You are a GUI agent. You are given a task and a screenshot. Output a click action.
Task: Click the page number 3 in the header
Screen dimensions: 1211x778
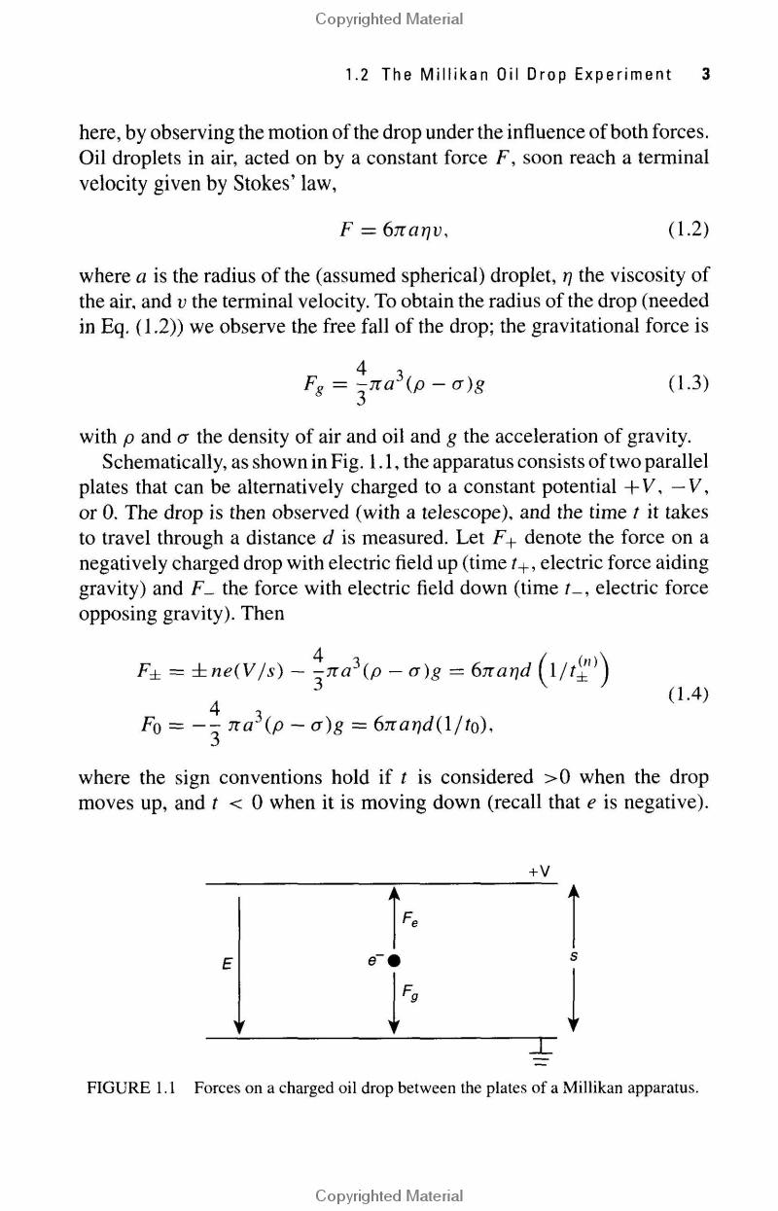point(704,75)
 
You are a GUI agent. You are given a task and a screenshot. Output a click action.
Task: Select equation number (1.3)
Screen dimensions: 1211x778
point(688,382)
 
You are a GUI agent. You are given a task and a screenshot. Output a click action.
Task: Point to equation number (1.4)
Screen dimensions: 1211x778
point(688,695)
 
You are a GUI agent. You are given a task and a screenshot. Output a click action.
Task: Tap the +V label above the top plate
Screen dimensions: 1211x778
point(541,872)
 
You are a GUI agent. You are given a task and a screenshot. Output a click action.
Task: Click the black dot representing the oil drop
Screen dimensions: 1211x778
point(395,960)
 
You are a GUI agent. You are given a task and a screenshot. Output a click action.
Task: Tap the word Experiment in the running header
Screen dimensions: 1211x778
point(622,75)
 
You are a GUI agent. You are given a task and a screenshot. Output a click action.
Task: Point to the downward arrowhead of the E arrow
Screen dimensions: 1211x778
point(238,1026)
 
